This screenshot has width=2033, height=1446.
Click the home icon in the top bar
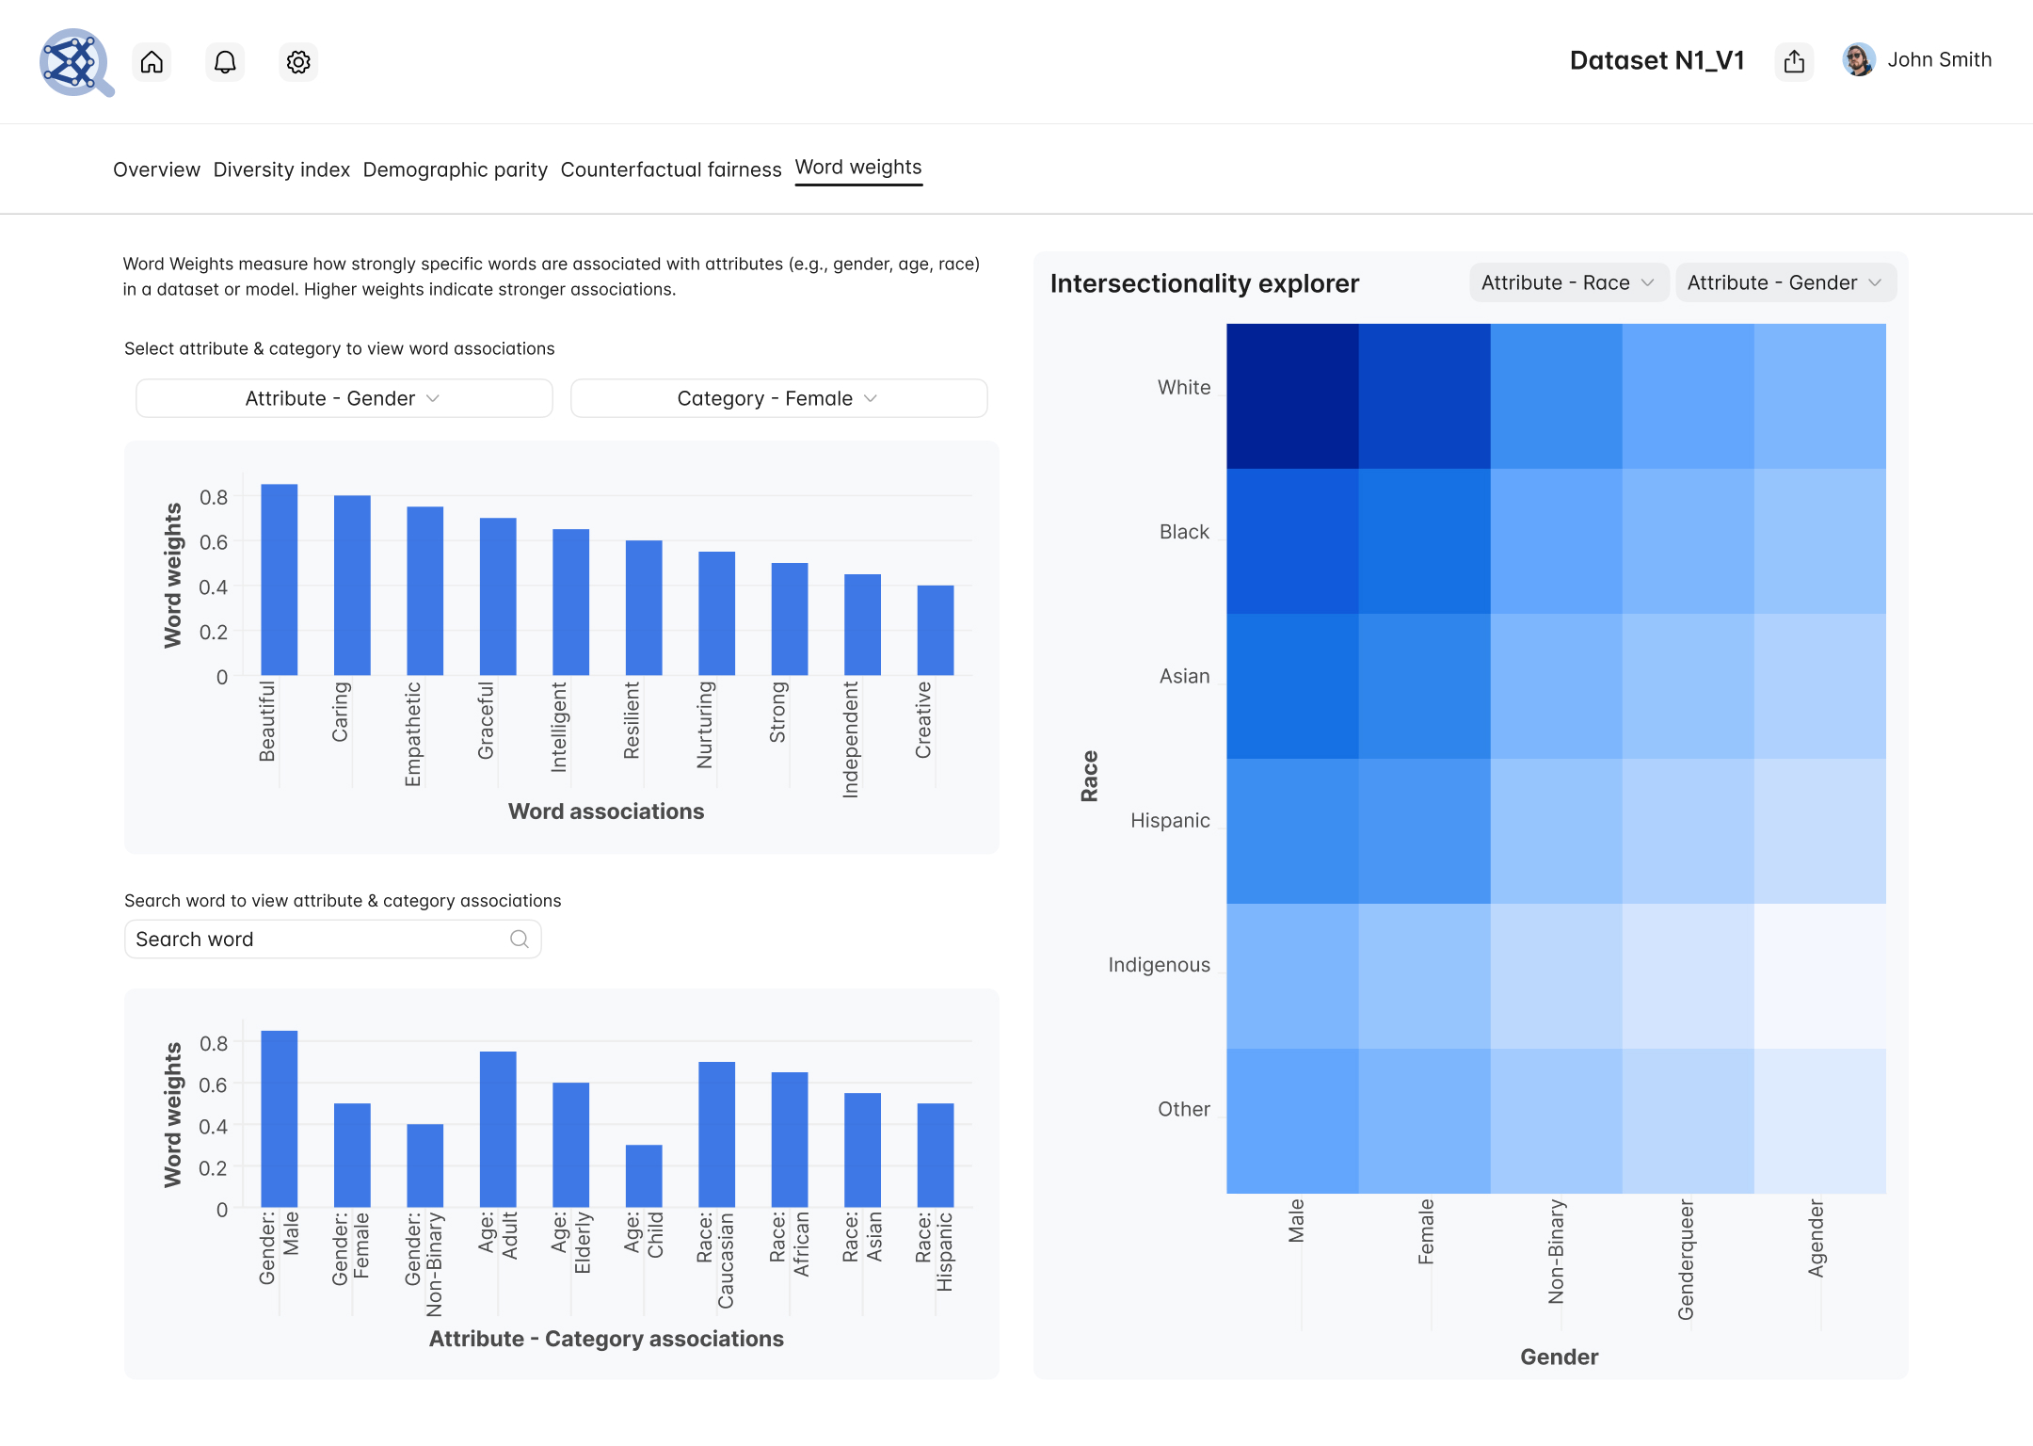tap(152, 62)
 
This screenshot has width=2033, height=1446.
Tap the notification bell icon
tap(225, 62)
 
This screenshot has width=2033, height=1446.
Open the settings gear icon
tap(298, 62)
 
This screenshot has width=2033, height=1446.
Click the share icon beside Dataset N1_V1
tap(1794, 61)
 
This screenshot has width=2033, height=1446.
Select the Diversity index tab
tap(281, 169)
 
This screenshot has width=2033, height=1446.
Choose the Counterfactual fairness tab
tap(670, 169)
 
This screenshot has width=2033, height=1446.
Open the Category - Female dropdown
tap(778, 398)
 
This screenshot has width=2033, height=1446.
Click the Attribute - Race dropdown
tap(1568, 282)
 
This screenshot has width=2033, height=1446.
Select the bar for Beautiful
tap(280, 580)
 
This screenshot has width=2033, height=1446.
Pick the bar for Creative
tap(936, 631)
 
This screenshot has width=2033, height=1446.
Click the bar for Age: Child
tap(644, 1176)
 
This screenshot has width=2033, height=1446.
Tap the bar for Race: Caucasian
tap(716, 1134)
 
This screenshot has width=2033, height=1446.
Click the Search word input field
tap(320, 940)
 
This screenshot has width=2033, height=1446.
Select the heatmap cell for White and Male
tap(1292, 396)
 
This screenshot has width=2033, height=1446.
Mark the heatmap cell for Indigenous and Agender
tap(1819, 976)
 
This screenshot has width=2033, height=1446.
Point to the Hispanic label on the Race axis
tap(1170, 820)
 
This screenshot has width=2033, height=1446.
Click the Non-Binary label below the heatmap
tap(1557, 1251)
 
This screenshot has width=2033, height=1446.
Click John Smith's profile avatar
tap(1858, 60)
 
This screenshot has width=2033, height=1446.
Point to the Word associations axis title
tap(606, 811)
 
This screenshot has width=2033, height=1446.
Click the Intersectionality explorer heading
tap(1204, 283)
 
